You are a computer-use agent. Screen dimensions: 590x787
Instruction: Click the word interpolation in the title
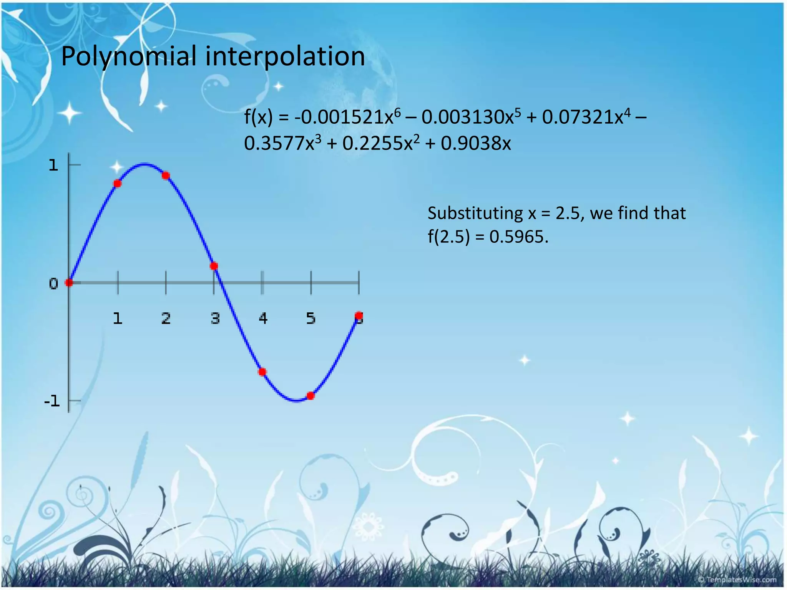285,56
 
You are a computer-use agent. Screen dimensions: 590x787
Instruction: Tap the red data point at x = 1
118,184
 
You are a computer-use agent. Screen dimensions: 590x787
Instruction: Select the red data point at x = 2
166,176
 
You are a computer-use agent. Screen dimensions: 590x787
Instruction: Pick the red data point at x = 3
214,266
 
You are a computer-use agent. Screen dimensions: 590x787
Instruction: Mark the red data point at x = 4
262,372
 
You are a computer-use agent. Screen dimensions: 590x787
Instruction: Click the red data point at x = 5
310,396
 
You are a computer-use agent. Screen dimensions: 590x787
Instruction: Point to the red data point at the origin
69,283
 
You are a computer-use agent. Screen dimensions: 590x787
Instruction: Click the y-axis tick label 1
53,166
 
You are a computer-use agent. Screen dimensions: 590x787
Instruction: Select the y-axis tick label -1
52,401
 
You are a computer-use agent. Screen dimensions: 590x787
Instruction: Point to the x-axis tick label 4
263,318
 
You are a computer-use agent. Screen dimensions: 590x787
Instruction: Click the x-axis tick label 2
166,318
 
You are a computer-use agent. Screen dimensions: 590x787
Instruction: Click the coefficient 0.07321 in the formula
578,117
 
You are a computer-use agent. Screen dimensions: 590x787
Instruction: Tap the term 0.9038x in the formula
476,144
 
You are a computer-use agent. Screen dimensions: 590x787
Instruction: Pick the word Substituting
475,213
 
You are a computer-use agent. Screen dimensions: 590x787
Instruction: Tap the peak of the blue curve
144,164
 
